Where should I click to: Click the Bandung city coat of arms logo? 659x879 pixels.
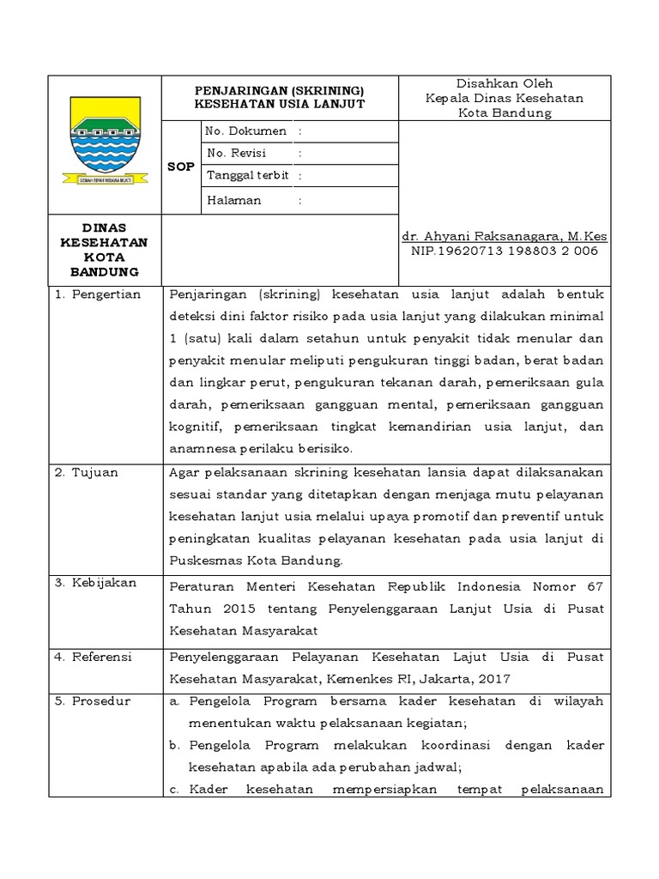pos(105,140)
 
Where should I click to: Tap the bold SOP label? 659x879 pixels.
pos(180,167)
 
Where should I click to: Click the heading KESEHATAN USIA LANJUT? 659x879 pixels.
pos(280,104)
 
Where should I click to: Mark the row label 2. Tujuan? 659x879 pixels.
pos(86,472)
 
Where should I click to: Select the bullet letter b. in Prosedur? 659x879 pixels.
pos(175,746)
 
